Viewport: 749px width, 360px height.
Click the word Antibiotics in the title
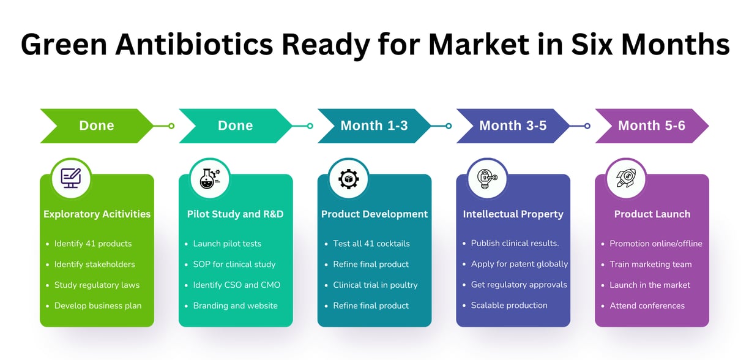click(194, 45)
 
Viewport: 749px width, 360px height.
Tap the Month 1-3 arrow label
click(374, 126)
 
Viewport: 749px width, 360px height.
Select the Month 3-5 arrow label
click(513, 126)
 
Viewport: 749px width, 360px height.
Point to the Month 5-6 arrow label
click(652, 126)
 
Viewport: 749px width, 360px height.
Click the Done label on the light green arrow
click(97, 126)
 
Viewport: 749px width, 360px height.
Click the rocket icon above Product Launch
click(626, 178)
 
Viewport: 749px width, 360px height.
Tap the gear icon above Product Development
click(349, 179)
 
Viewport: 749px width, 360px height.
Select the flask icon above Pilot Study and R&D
click(210, 179)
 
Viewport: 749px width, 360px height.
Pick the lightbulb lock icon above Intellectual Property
click(487, 179)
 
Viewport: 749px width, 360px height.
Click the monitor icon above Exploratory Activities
click(71, 178)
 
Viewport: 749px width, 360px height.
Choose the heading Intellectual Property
click(513, 214)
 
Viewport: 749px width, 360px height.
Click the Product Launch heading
click(652, 214)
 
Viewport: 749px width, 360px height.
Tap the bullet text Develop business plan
click(98, 306)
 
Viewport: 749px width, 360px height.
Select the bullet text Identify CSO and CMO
click(237, 285)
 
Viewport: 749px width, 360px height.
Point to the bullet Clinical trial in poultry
click(375, 285)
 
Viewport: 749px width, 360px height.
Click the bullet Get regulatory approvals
click(519, 285)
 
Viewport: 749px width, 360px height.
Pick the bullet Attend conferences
click(647, 306)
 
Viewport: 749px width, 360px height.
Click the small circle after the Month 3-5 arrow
click(587, 126)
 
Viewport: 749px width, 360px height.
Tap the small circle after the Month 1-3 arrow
click(449, 126)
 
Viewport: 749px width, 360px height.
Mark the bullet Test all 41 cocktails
click(371, 244)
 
